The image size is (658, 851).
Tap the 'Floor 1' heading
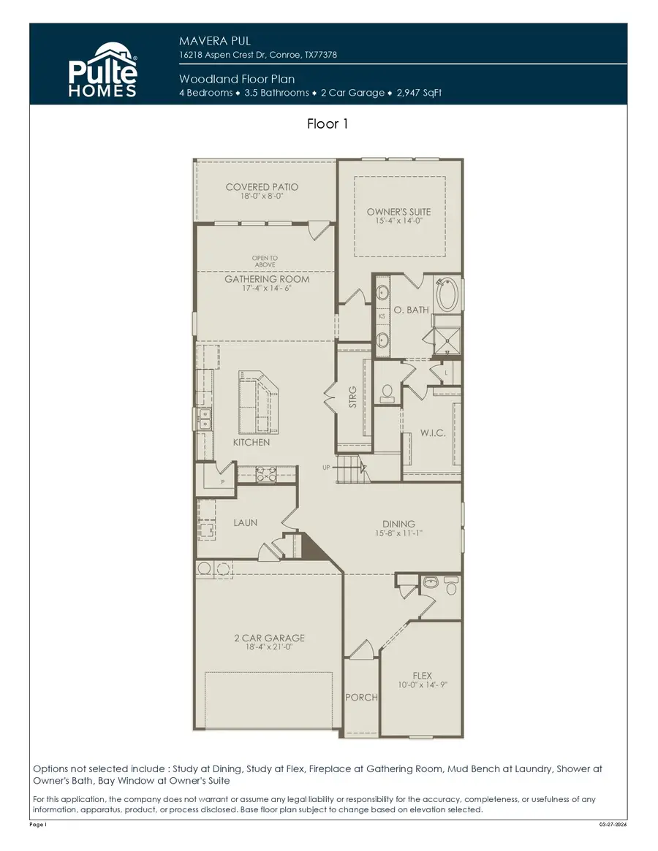[328, 124]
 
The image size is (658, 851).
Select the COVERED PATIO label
[262, 187]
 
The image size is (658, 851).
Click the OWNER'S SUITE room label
[399, 212]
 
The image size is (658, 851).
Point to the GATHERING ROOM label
[266, 279]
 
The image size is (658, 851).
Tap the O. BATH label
[412, 310]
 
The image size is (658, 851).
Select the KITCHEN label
[252, 443]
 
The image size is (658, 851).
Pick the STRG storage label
[352, 397]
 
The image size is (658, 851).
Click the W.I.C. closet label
[433, 433]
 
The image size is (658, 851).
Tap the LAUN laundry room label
[245, 523]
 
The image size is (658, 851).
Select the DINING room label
[398, 524]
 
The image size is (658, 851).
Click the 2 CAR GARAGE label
[269, 638]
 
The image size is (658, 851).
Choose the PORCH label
[361, 698]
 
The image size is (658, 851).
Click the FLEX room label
[422, 676]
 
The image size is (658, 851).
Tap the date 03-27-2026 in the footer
[612, 825]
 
